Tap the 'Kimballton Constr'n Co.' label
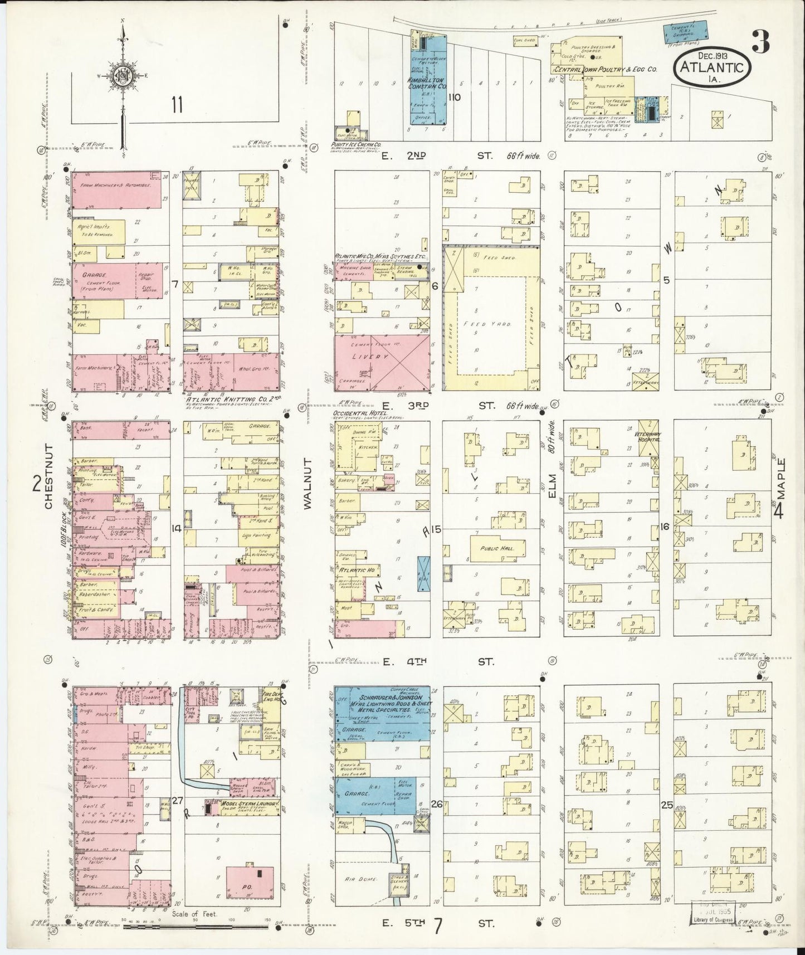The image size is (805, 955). [428, 84]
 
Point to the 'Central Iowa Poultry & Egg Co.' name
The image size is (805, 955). [606, 70]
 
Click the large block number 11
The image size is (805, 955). [178, 104]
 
